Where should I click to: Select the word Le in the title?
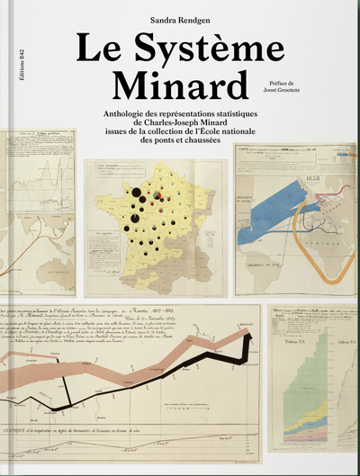pyautogui.click(x=96, y=49)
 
